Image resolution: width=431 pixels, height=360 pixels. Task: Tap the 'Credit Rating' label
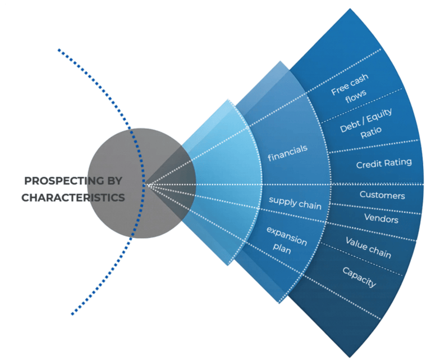click(x=384, y=163)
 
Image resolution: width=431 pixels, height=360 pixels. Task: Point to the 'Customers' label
click(x=382, y=195)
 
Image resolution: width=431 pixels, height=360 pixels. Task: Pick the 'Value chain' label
click(x=368, y=248)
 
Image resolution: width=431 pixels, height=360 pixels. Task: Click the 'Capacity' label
click(x=359, y=277)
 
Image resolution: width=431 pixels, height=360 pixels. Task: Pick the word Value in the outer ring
click(x=356, y=243)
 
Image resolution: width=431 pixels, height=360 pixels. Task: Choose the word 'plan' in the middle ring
click(x=284, y=249)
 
